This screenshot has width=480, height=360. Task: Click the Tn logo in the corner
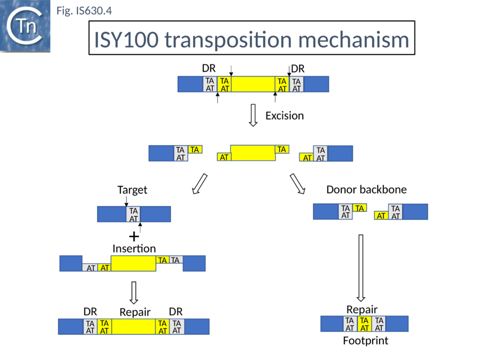tap(25, 27)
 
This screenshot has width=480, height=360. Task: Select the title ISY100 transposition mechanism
tap(251, 39)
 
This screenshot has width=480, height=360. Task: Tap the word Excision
tap(284, 116)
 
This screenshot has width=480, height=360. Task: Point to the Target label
tap(132, 190)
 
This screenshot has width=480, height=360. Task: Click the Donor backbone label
tap(366, 190)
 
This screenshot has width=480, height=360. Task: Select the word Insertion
tap(134, 248)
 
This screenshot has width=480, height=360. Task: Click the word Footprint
tap(365, 341)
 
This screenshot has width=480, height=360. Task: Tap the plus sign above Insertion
tap(134, 236)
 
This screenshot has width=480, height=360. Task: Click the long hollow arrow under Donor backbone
tap(361, 267)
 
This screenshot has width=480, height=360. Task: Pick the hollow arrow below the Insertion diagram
tap(134, 292)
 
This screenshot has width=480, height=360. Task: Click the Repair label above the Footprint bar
tap(361, 309)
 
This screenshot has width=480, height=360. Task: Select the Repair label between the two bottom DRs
tap(135, 312)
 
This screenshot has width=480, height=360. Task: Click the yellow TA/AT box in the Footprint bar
tap(365, 324)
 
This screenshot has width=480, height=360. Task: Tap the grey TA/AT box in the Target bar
tap(134, 214)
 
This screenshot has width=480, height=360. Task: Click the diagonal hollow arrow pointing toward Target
tap(199, 183)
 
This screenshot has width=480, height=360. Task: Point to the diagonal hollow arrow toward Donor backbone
tap(297, 183)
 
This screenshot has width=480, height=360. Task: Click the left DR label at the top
tap(209, 68)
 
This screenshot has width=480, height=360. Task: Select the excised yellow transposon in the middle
tap(253, 153)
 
